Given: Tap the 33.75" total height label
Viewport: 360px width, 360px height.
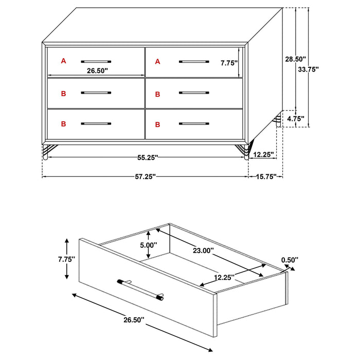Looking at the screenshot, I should tap(309, 69).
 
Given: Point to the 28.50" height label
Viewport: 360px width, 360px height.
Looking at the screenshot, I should tap(296, 59).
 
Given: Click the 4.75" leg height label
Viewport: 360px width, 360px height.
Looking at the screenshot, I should tap(295, 119).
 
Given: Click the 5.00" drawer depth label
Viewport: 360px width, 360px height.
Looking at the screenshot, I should tap(148, 245).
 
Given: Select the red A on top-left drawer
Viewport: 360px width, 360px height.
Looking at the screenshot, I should tap(63, 61).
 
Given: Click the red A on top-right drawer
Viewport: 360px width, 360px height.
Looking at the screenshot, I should tap(157, 62).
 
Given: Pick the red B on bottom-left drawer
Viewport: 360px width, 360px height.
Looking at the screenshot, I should tap(63, 124).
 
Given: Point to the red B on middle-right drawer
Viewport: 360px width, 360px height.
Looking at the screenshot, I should tap(157, 94).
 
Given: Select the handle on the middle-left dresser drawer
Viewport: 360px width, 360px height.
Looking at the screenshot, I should tap(96, 93).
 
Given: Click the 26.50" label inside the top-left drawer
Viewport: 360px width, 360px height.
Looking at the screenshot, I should tap(97, 71).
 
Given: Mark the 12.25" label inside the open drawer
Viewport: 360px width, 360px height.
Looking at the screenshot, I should tap(224, 277).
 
